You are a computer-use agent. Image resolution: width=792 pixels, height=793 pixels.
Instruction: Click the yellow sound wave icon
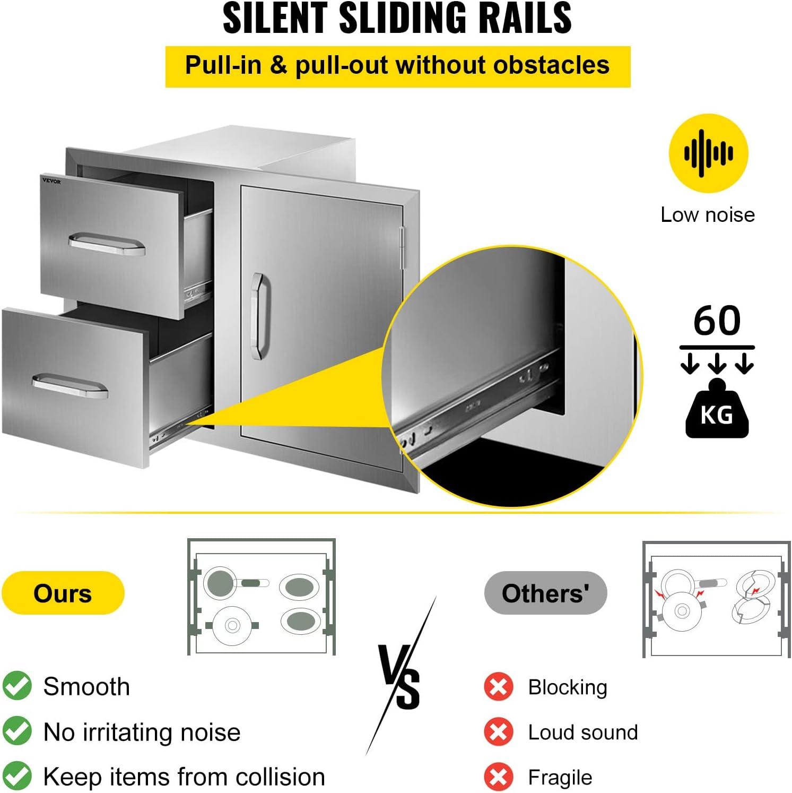click(708, 153)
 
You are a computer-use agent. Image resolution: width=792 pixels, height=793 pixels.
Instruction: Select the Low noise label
click(708, 214)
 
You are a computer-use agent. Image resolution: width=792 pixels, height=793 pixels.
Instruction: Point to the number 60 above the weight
click(717, 321)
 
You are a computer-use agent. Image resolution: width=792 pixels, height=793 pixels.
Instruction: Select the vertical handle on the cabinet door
click(259, 316)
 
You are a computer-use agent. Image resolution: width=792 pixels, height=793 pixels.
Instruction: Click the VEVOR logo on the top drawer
click(51, 181)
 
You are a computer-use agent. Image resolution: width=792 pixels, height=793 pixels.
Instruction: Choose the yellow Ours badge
click(63, 593)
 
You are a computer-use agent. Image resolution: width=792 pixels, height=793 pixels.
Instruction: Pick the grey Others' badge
click(545, 593)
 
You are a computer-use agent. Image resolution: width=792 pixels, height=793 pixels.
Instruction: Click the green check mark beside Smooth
click(17, 686)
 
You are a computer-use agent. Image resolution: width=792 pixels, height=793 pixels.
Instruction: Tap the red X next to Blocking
click(498, 687)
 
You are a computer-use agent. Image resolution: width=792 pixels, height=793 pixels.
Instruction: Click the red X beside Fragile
click(498, 777)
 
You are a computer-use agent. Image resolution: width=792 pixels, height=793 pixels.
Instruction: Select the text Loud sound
click(583, 732)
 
